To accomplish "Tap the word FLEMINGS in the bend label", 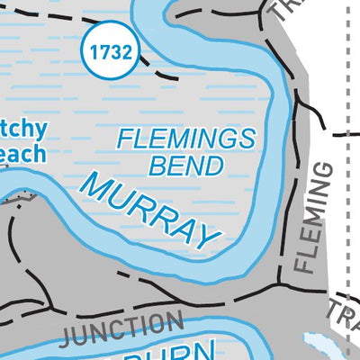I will tap(187, 139).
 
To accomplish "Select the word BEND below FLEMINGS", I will tap(186, 166).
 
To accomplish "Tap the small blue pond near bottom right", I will tap(319, 342).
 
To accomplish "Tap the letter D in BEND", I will tap(213, 166).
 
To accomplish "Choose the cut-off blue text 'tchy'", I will tap(22, 128).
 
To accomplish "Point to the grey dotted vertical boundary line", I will tap(347, 225).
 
